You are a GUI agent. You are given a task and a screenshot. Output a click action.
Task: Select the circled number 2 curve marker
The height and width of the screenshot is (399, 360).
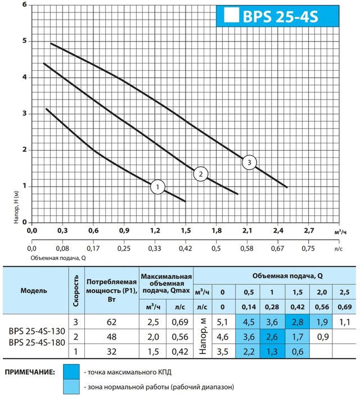pos(200,174)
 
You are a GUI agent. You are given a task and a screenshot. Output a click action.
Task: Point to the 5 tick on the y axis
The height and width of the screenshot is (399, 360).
pos(24,41)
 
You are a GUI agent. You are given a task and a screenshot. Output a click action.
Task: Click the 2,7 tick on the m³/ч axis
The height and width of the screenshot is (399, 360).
pos(309,230)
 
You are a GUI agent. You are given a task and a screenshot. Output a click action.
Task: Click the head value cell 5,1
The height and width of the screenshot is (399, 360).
pos(222,323)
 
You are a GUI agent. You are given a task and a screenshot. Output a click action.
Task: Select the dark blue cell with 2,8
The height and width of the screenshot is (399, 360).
pos(298,323)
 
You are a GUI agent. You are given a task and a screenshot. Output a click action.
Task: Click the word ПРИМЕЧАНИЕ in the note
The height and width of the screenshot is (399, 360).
pos(30,373)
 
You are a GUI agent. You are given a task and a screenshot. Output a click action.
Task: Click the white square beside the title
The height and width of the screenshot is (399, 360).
pos(230,16)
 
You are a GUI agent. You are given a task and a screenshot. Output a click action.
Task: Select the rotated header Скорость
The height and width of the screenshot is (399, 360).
pos(76,291)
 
